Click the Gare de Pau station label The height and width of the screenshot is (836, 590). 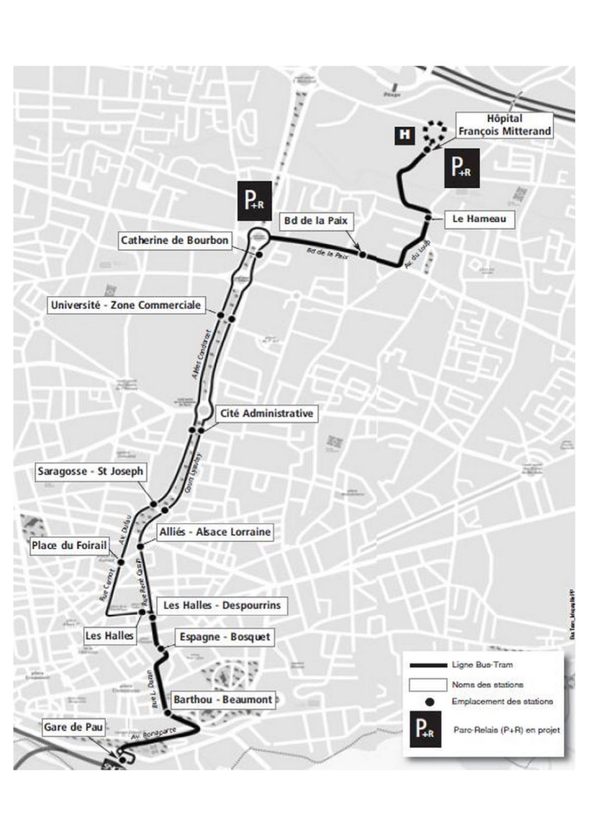point(73,727)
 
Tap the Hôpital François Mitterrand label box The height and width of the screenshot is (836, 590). point(504,125)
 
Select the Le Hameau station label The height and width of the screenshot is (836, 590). point(479,218)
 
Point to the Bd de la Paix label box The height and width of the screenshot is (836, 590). point(315,221)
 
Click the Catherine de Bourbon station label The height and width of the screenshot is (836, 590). point(174,241)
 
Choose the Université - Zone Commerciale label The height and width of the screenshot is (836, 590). point(125,305)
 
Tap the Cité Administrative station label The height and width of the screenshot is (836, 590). point(266,414)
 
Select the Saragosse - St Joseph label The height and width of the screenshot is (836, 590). point(90,472)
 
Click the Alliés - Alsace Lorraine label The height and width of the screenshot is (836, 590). point(215,532)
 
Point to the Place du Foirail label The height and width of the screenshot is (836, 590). point(69,545)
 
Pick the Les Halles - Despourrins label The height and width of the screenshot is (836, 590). point(222,605)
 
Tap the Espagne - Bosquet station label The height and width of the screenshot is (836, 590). point(225,636)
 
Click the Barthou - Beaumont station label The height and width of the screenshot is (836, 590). point(223,699)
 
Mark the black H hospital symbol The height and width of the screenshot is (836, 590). point(404,134)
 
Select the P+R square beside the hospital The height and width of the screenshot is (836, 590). point(462,167)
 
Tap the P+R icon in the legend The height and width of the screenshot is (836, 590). point(425,729)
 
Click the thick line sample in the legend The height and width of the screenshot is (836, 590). point(428,665)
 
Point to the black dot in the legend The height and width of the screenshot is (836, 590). point(430,702)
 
